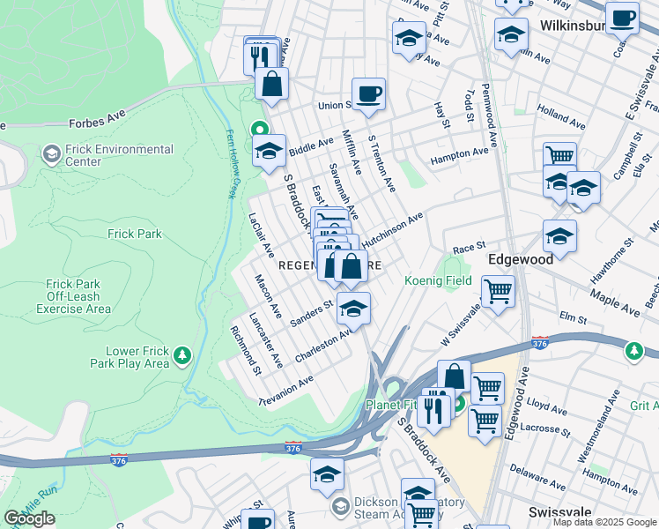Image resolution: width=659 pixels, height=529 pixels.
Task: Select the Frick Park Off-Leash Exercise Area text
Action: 78,296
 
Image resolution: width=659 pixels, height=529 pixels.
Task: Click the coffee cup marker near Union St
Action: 368,93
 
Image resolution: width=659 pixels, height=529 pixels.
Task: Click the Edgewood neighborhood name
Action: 521,259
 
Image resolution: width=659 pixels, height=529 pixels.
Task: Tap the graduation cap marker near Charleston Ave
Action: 353,309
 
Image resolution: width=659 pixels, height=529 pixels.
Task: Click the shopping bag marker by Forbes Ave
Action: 272,86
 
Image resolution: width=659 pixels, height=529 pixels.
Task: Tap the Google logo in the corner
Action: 29,518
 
